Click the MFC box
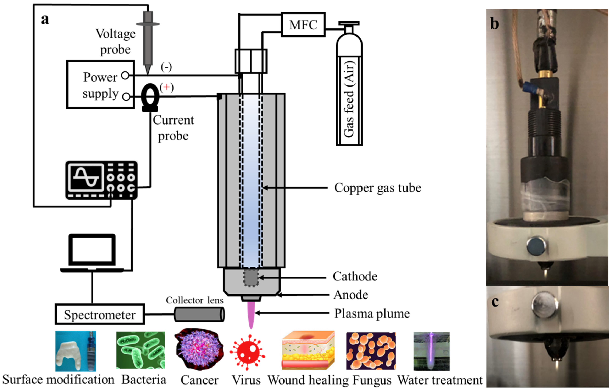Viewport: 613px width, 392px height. pos(303,25)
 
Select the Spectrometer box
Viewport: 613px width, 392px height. pos(100,314)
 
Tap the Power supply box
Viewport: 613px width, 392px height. pos(100,85)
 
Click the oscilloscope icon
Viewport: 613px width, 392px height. pos(101,180)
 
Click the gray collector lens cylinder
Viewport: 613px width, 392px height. pos(199,314)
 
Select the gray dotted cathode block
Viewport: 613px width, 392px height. pos(251,278)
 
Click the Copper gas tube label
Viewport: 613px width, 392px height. pos(378,188)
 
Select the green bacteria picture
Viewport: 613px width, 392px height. pos(141,350)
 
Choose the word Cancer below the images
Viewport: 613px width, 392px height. pos(199,380)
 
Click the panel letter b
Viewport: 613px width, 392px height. pos(494,24)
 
